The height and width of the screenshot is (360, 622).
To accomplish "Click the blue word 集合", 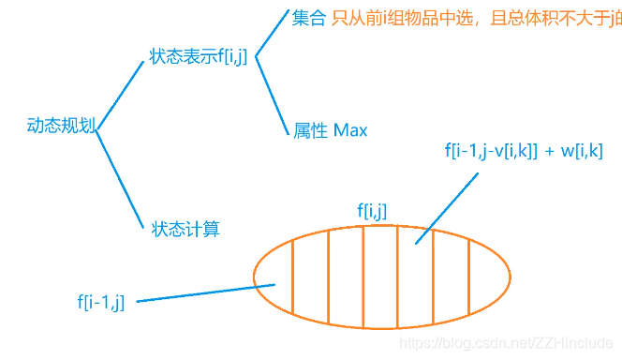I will [308, 18].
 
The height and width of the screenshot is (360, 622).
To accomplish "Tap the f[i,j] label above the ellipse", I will [373, 210].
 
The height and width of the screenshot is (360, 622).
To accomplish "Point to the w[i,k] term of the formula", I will [578, 149].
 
